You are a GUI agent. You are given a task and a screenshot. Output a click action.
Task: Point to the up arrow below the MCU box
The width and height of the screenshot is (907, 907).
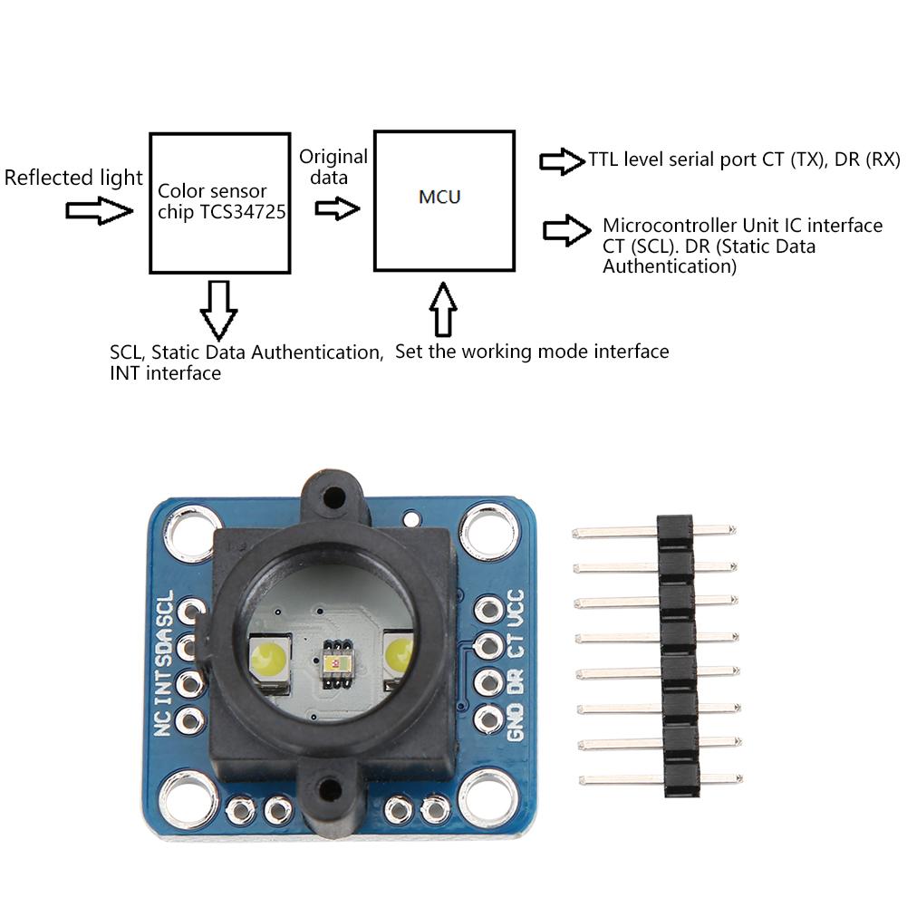pos(443,309)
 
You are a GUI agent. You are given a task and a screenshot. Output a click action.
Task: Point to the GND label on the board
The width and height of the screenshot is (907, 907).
pos(516,720)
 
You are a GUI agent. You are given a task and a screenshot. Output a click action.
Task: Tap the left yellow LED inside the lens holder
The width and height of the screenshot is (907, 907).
pos(267,657)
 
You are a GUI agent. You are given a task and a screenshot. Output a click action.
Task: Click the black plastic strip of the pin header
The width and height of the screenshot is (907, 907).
pos(676,656)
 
